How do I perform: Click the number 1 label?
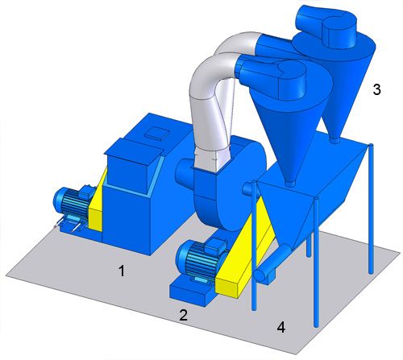tap(122, 271)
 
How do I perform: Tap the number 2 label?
tap(183, 315)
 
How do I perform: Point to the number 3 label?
tap(376, 89)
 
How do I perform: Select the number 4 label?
tap(281, 327)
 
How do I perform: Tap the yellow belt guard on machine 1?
tap(98, 201)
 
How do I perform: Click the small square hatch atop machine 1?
tap(157, 133)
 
